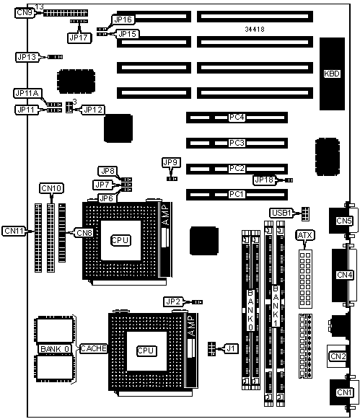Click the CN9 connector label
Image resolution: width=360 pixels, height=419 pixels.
coord(25,12)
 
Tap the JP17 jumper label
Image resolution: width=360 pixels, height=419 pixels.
coord(79,38)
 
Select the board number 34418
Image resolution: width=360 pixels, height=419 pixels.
coord(255,29)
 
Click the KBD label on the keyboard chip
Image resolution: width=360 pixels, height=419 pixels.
coord(332,74)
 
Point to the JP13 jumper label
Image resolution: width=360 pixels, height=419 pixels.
coord(27,57)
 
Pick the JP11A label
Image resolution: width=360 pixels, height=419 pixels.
coord(27,93)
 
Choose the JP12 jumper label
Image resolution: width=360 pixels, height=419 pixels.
coord(93,110)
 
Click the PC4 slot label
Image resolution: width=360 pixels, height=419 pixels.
coord(237,118)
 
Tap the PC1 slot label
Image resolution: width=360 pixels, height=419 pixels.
coord(237,194)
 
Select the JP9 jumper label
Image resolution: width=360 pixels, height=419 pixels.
coord(171,162)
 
